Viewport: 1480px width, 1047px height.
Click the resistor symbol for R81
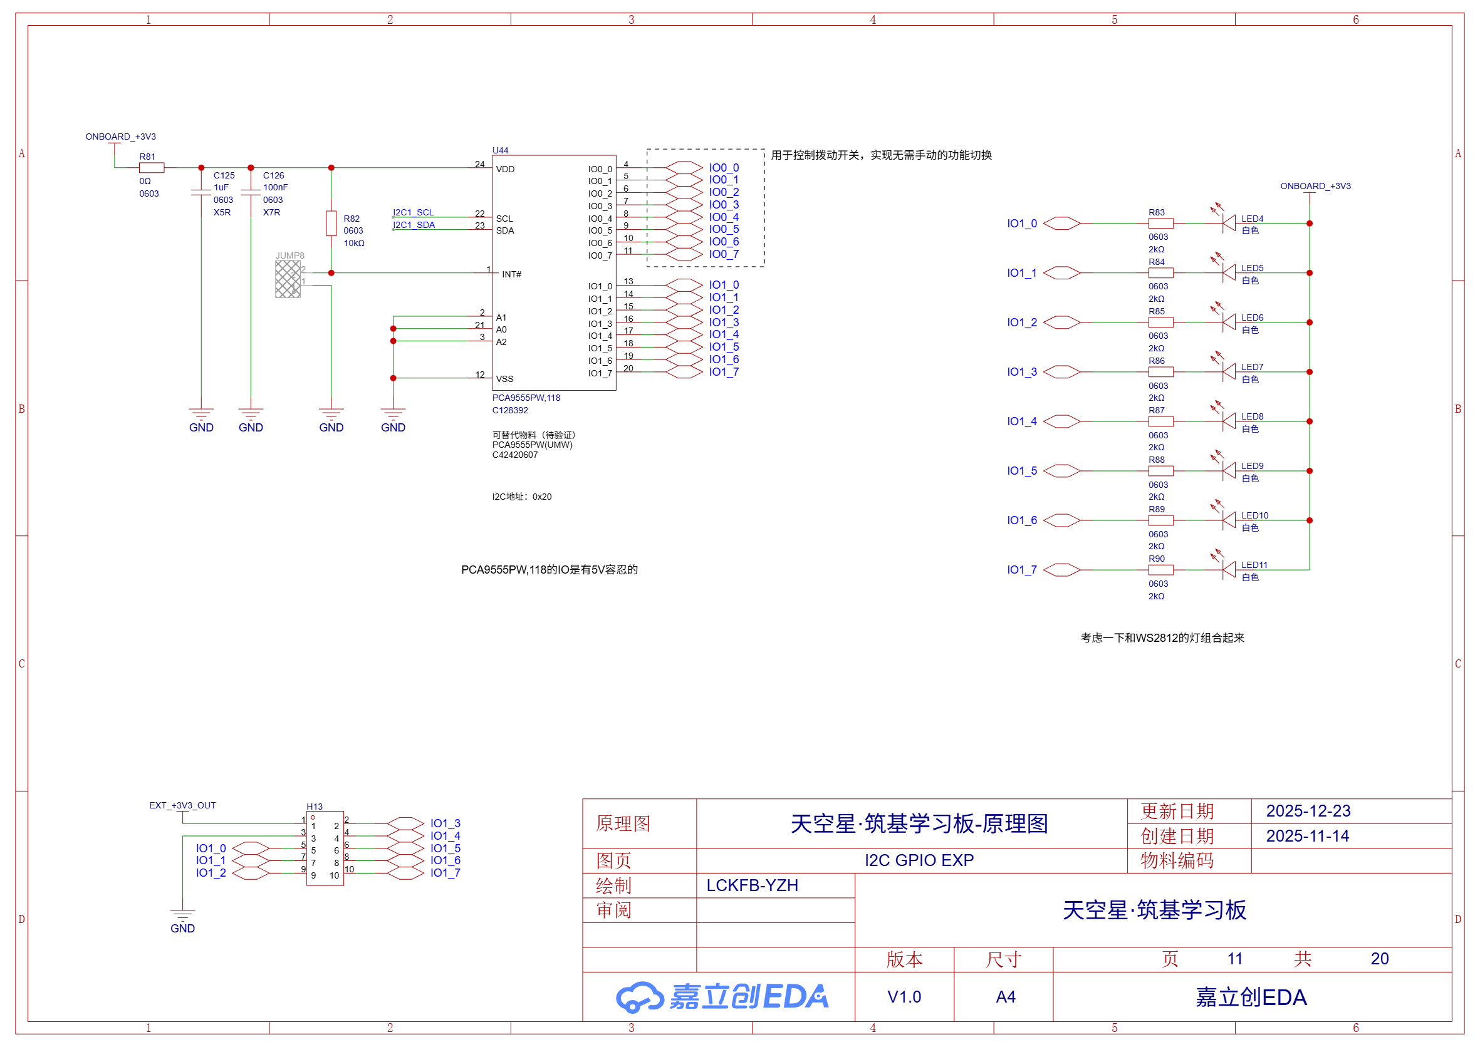(152, 168)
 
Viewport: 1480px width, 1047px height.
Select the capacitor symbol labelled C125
(201, 192)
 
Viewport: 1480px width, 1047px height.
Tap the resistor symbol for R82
(331, 223)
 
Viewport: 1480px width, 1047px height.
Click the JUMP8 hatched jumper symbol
(288, 279)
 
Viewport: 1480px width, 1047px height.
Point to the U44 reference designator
(500, 150)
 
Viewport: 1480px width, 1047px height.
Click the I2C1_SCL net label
(413, 212)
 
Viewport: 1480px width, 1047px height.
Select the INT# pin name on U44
(512, 274)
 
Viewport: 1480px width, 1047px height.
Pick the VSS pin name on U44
(504, 379)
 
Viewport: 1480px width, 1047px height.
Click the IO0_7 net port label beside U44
(724, 255)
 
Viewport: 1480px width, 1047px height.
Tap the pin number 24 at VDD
(479, 164)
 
